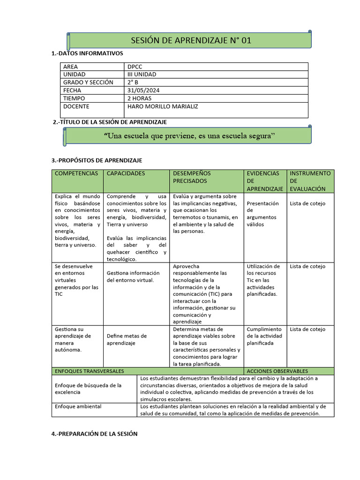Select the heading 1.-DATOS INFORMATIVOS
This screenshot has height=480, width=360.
coord(87,53)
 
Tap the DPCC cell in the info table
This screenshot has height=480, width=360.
coord(135,67)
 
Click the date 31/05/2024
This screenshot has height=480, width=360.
coord(143,90)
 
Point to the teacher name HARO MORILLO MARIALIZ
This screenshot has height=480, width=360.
coord(163,106)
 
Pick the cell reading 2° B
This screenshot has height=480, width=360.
coord(133,82)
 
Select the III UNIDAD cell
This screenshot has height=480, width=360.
coord(142,75)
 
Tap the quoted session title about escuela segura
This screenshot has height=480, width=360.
coord(189,136)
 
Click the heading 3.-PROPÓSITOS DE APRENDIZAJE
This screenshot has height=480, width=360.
coord(97,160)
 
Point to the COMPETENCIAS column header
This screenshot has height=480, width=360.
coord(76,173)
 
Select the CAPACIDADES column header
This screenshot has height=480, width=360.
coord(126,173)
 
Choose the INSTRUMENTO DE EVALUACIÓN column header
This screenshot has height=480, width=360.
coord(310,180)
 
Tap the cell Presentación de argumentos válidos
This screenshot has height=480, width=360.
coord(262,214)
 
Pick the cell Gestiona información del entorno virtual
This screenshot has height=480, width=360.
coord(133,276)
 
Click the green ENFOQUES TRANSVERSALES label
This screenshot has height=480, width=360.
coord(89,371)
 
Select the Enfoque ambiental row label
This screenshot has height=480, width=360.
coord(78,406)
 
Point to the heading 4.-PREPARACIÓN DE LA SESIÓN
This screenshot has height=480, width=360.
coord(94,434)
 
